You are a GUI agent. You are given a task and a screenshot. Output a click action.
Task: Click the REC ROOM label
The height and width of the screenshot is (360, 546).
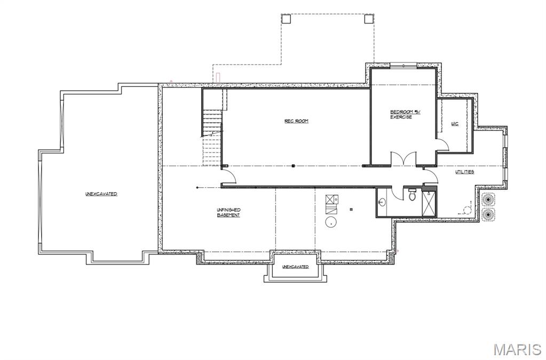(296, 121)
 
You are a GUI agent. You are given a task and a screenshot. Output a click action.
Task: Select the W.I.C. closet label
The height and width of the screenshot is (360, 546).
(455, 124)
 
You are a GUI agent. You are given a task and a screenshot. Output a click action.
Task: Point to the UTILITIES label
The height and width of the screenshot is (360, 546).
(464, 172)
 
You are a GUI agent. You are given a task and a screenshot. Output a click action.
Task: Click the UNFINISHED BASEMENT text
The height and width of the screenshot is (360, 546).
(228, 212)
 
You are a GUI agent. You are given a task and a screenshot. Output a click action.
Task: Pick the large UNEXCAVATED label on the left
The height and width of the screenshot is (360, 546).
(101, 194)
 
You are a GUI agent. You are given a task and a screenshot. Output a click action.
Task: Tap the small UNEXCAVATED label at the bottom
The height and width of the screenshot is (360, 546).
(295, 267)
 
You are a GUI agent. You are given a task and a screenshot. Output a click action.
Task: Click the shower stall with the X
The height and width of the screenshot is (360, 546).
(429, 203)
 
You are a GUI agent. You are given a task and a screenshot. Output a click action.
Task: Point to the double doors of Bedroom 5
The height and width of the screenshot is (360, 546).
(402, 158)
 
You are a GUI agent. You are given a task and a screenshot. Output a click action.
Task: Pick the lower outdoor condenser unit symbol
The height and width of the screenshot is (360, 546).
(488, 214)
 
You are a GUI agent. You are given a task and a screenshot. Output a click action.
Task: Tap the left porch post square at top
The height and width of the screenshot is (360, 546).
(286, 19)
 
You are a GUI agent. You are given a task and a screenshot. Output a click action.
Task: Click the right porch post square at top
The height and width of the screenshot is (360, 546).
(369, 19)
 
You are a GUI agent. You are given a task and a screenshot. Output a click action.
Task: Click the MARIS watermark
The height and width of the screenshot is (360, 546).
(517, 349)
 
